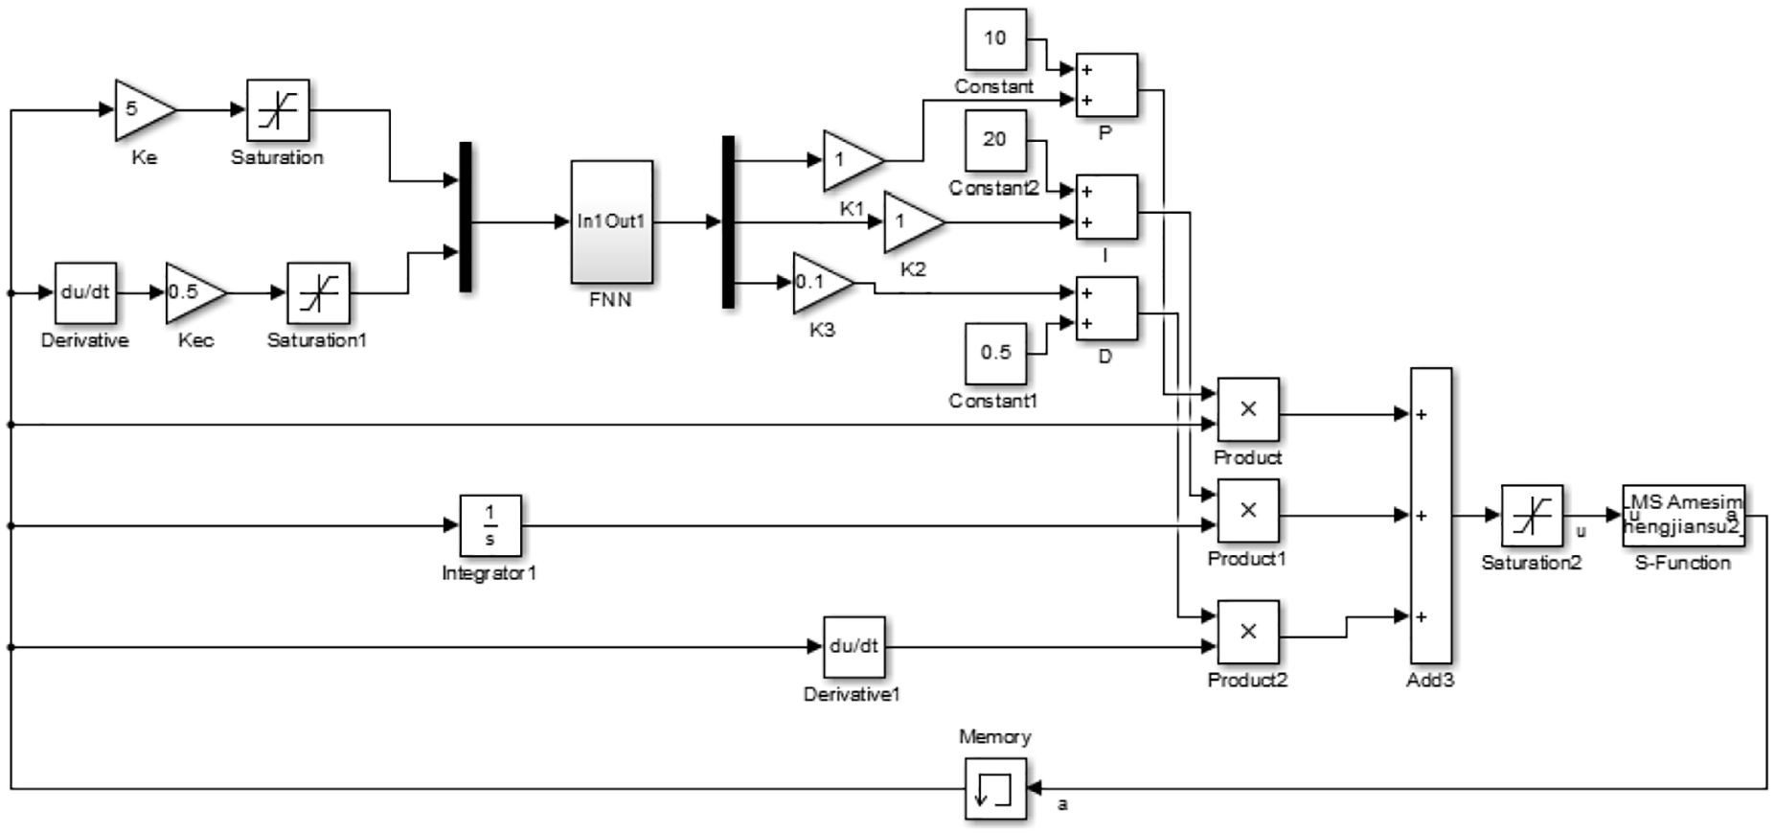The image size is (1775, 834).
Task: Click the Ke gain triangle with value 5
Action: pyautogui.click(x=144, y=109)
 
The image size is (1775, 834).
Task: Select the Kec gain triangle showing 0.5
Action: pyautogui.click(x=195, y=292)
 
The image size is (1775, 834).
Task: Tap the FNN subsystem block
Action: pyautogui.click(x=612, y=221)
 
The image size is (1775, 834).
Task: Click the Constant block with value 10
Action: pyautogui.click(x=995, y=39)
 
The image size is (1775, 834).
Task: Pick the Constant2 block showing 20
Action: pyautogui.click(x=995, y=140)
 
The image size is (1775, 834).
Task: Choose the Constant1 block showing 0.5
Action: pyautogui.click(x=995, y=353)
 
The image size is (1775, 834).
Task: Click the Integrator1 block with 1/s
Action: pyautogui.click(x=490, y=525)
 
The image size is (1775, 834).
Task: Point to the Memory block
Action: pyautogui.click(x=995, y=789)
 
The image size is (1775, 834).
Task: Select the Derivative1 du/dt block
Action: pyautogui.click(x=853, y=647)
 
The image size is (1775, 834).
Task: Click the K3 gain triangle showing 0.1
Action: pyautogui.click(x=822, y=283)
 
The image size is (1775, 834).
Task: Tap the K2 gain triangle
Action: pyautogui.click(x=913, y=221)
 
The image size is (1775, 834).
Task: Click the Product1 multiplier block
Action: pyautogui.click(x=1248, y=511)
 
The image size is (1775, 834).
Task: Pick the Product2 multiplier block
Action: pyautogui.click(x=1248, y=632)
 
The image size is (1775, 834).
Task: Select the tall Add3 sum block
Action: pyautogui.click(x=1431, y=515)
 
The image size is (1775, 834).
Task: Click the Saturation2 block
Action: pyautogui.click(x=1532, y=516)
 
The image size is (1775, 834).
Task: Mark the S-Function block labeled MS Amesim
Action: pyautogui.click(x=1684, y=516)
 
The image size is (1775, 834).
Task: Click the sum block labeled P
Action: pyautogui.click(x=1107, y=84)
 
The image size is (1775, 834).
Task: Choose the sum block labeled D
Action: pyautogui.click(x=1107, y=308)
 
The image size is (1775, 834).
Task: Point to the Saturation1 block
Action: pyautogui.click(x=318, y=292)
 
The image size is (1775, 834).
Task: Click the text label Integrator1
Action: pyautogui.click(x=489, y=573)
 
